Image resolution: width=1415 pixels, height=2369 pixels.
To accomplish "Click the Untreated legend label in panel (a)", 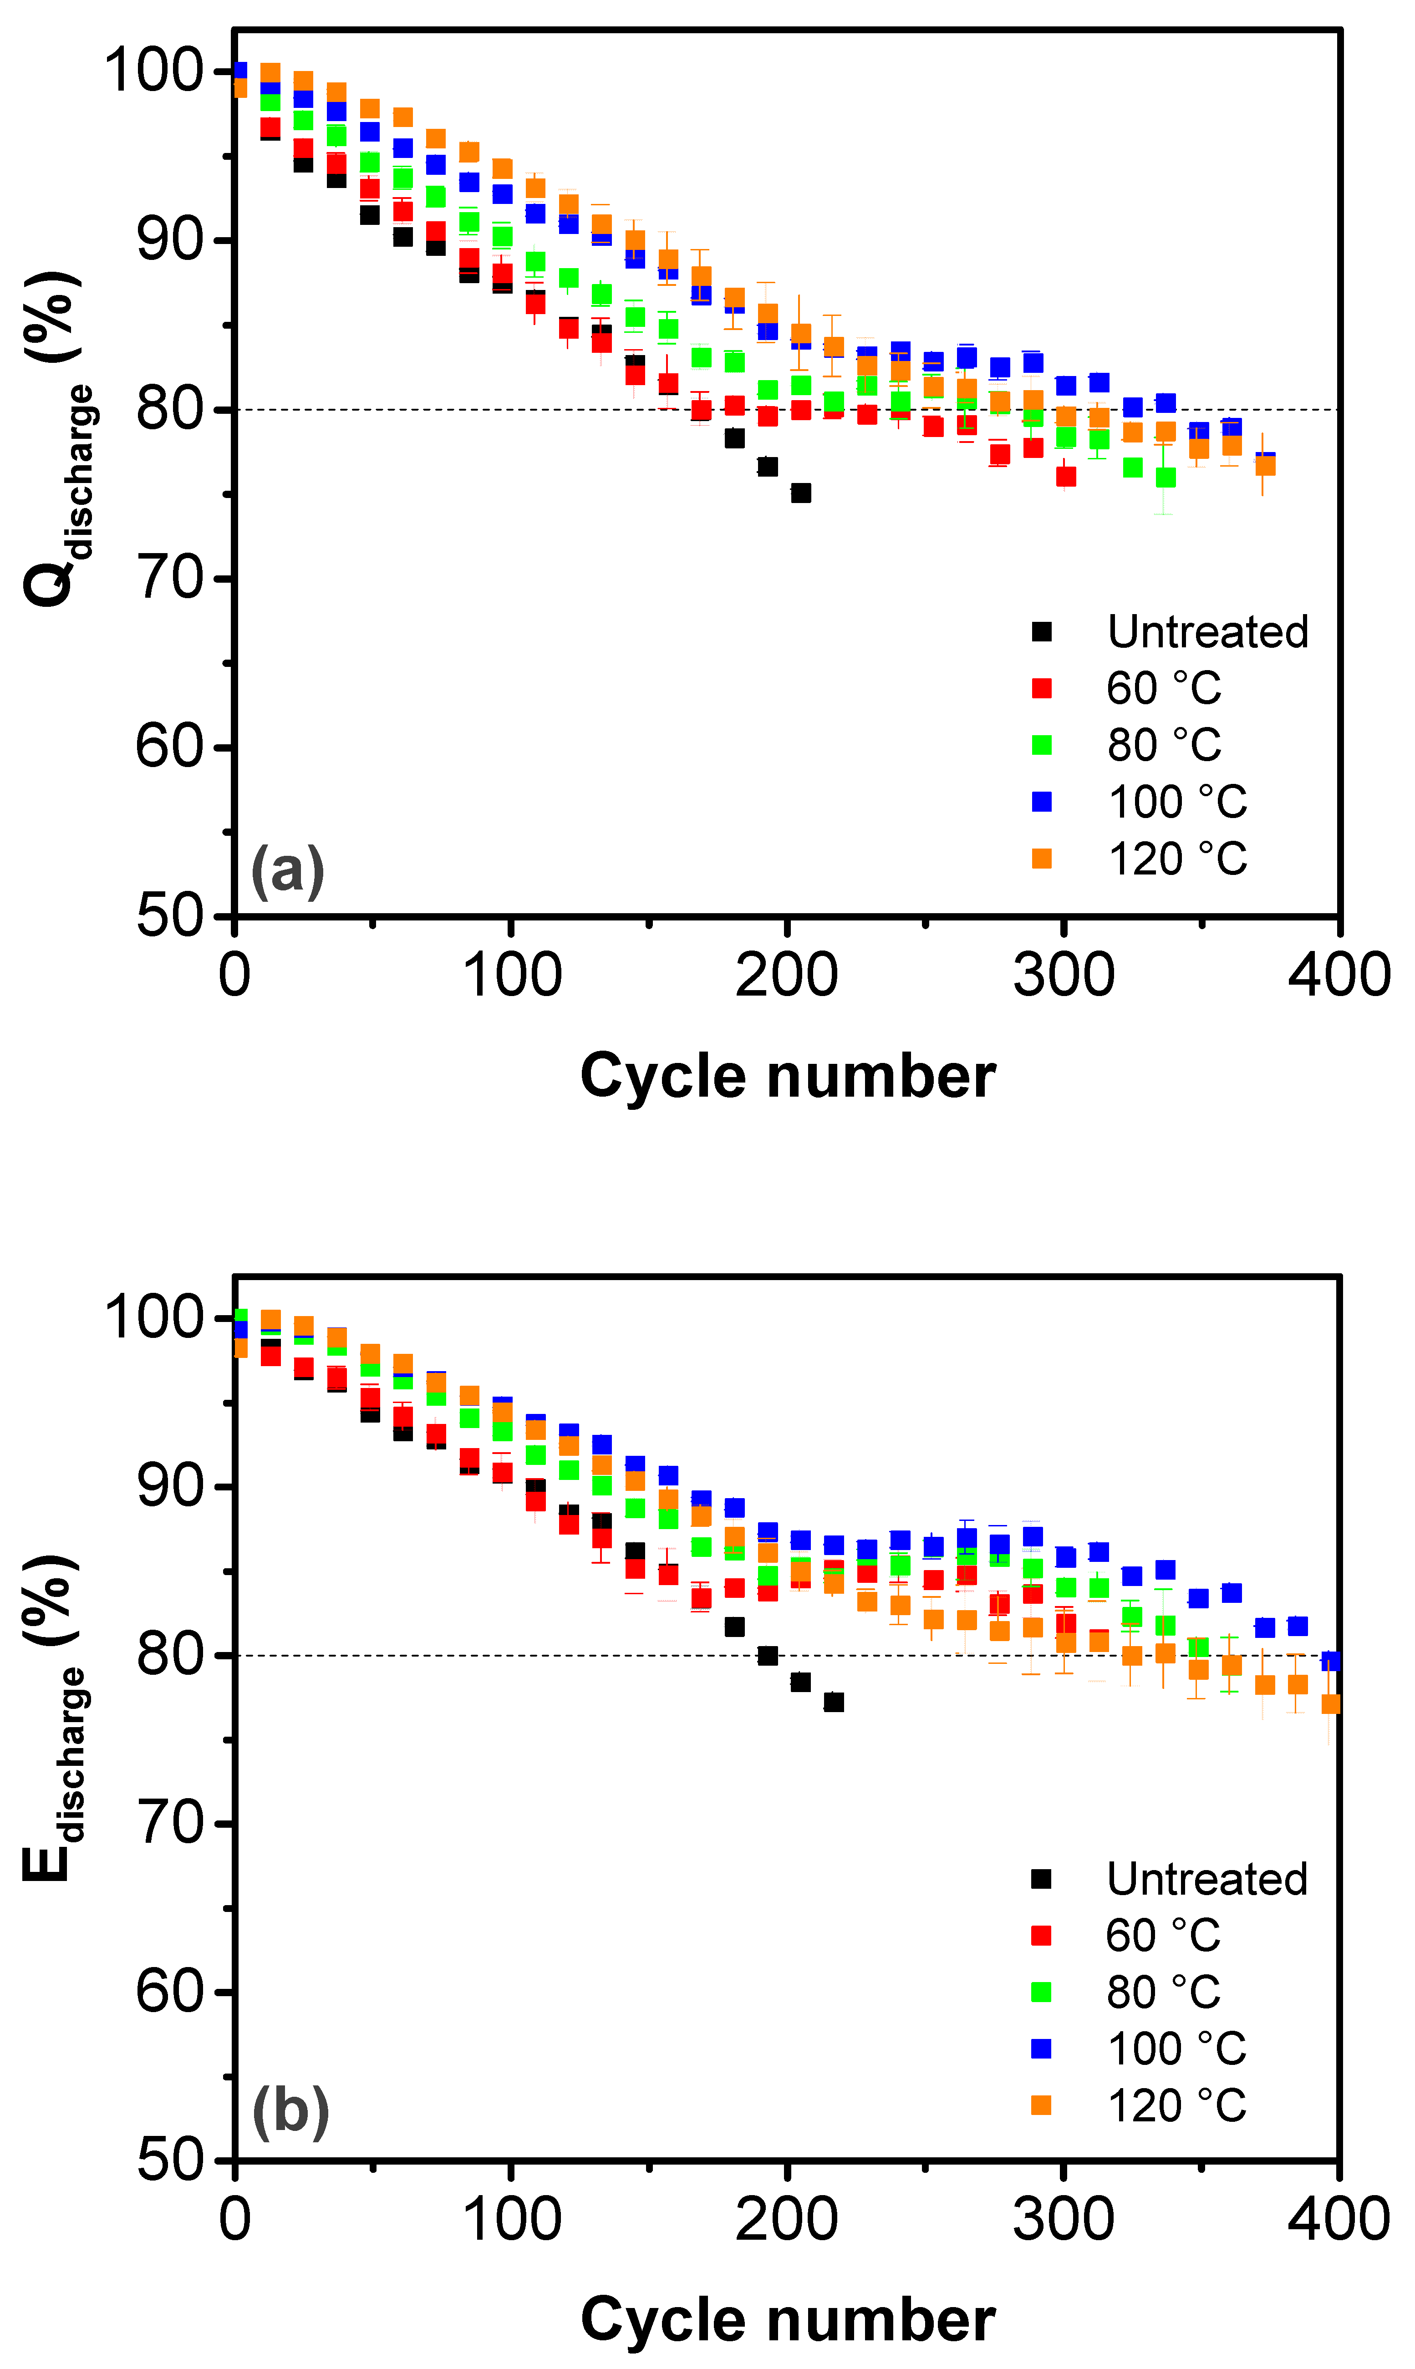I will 1207,632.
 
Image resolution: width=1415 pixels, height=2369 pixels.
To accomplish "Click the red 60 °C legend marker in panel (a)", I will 1042,688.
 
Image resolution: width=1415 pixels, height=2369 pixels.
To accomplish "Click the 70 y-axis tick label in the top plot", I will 170,579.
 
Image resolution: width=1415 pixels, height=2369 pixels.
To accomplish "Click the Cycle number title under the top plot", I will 788,1076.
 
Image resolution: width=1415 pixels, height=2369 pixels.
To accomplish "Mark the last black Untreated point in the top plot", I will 801,493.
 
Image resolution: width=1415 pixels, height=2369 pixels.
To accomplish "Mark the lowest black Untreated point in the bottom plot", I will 833,1703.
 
